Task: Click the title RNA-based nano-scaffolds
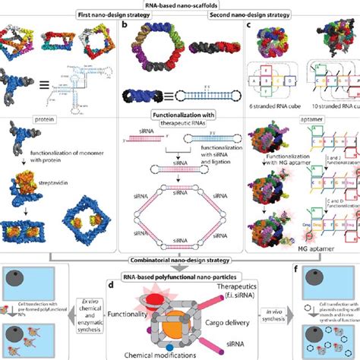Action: [179, 5]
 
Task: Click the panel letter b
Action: [125, 24]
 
